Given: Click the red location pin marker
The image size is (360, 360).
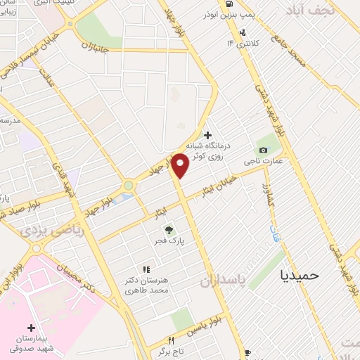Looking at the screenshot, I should [x=180, y=165].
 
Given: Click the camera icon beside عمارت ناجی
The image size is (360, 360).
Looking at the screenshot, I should [x=263, y=150].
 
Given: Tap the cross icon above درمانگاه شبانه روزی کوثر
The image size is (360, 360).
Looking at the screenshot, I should [x=207, y=134].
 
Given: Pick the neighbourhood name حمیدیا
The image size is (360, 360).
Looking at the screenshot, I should [x=300, y=275].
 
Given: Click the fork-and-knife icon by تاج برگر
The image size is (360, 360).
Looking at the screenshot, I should [x=168, y=340].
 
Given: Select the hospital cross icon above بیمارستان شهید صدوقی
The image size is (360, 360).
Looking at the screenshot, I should [x=31, y=328].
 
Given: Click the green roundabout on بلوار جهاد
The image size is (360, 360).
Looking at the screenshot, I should [x=129, y=186].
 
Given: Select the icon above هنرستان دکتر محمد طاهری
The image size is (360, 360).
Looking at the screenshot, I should [x=146, y=269].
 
